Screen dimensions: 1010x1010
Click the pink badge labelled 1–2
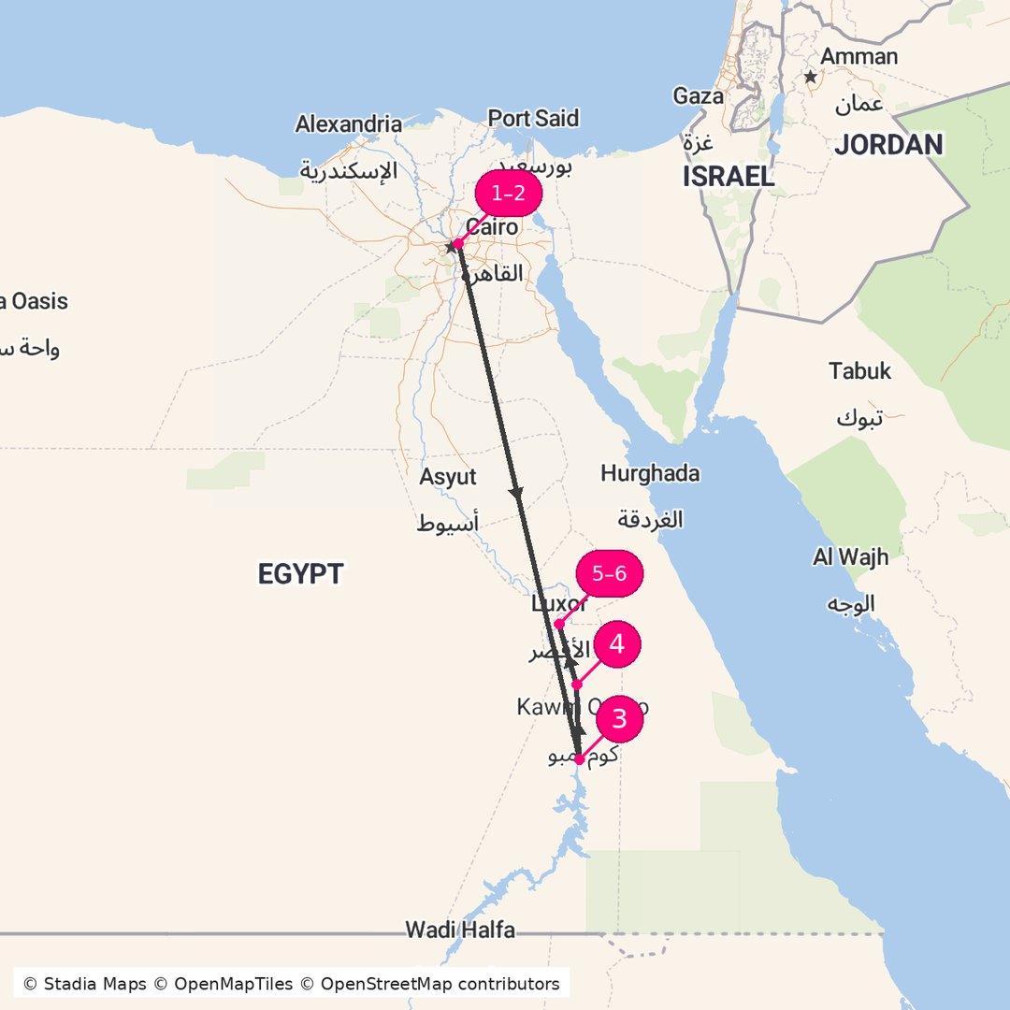[x=508, y=194]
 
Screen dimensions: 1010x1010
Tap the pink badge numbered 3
[x=617, y=719]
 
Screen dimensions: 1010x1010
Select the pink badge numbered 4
[x=617, y=644]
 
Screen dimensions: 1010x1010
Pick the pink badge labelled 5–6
[x=610, y=574]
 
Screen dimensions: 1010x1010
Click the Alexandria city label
[x=349, y=123]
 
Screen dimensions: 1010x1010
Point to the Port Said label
[x=533, y=119]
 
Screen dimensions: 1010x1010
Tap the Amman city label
[x=858, y=56]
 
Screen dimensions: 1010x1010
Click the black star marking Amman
[x=811, y=77]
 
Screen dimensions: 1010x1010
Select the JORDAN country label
[x=888, y=144]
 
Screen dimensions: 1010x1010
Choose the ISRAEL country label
[x=729, y=177]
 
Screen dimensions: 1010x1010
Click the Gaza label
[x=698, y=96]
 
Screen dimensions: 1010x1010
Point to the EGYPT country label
[x=301, y=573]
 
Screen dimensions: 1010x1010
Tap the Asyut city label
[x=448, y=477]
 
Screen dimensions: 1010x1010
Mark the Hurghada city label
[x=650, y=473]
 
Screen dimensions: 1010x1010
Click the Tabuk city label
[x=859, y=371]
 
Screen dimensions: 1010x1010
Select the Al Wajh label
[x=850, y=557]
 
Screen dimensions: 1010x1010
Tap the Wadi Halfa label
[x=459, y=930]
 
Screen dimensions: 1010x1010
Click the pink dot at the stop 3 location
[x=579, y=759]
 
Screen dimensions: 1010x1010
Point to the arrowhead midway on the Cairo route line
[x=516, y=493]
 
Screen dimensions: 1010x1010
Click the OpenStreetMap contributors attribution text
[x=440, y=984]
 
